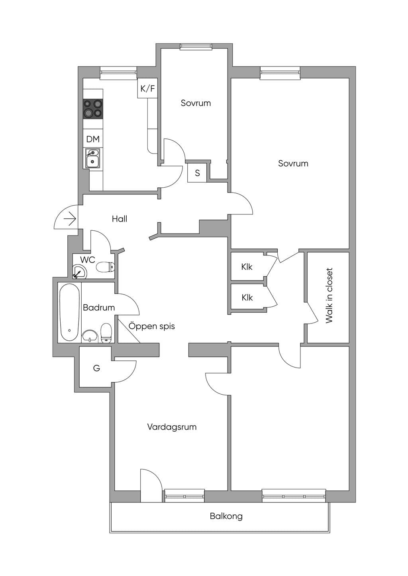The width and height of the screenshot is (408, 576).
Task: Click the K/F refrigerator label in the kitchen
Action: [147, 89]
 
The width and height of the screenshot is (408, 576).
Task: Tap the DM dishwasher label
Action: [93, 139]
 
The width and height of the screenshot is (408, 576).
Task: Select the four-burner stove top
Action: [93, 109]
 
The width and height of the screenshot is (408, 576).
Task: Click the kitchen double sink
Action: [92, 158]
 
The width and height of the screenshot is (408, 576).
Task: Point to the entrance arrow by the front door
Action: [70, 219]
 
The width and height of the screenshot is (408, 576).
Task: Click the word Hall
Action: [120, 219]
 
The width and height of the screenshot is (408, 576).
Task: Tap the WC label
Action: [88, 260]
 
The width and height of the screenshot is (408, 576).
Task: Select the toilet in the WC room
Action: [105, 267]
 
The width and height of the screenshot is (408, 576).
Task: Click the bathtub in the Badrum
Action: [70, 312]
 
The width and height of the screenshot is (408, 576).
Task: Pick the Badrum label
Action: [99, 307]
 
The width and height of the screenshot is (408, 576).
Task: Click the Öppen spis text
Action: [152, 326]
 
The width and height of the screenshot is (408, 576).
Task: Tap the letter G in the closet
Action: [96, 368]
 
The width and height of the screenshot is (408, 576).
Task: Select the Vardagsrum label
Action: [172, 427]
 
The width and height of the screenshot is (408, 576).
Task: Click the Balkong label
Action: [226, 516]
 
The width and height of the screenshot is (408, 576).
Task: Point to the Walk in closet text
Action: [329, 296]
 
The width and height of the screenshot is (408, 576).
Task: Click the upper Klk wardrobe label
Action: [247, 267]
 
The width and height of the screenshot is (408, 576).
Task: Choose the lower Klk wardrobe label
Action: [247, 298]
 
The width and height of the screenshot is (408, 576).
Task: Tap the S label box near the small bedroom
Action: [197, 173]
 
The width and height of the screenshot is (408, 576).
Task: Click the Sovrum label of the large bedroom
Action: [293, 163]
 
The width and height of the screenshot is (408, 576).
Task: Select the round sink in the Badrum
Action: [90, 336]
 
